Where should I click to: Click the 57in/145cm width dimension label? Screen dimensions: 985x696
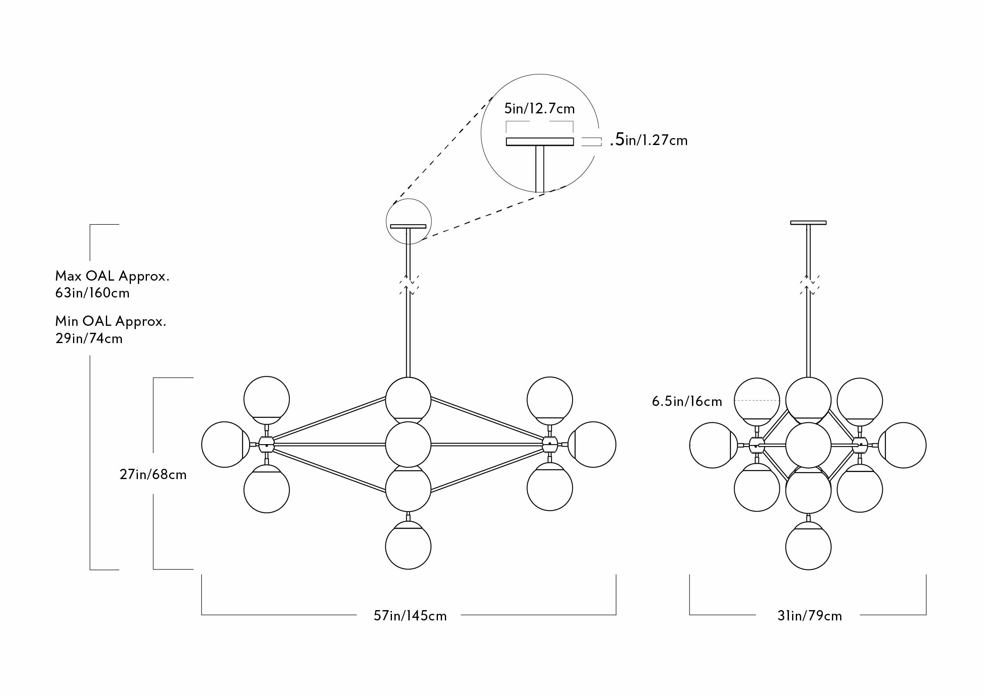point(410,616)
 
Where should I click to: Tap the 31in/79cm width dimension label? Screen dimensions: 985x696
point(809,616)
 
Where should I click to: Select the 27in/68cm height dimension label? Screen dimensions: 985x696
point(153,475)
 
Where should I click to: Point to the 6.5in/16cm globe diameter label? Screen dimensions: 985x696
point(687,401)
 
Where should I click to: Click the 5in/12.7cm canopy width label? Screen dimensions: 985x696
point(539,108)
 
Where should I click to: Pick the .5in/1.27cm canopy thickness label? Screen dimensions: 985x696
point(648,140)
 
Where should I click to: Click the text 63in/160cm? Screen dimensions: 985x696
point(92,293)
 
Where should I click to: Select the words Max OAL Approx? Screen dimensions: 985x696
point(112,276)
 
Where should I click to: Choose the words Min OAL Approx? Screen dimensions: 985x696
point(111,321)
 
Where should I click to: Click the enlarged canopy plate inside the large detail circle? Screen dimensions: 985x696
point(540,142)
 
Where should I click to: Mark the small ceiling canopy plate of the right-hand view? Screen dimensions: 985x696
point(808,223)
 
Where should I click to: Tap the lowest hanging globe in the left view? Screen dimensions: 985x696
point(408,546)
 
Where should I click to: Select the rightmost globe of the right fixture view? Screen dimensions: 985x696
point(903,445)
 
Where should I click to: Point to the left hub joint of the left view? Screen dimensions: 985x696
point(266,445)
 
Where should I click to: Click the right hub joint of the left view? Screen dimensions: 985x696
point(550,445)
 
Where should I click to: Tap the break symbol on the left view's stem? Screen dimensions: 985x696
point(409,285)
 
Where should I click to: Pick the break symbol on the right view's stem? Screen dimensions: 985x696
point(809,285)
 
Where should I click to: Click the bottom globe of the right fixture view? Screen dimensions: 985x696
point(808,546)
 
